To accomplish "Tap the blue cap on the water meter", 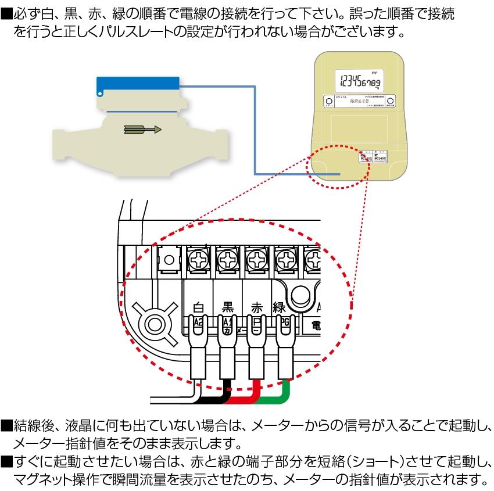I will click(138, 86).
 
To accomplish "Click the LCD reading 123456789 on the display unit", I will click(360, 81).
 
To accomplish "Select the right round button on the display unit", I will click(391, 101).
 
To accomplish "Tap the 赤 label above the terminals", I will click(256, 307).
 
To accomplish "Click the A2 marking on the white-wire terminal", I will click(198, 321).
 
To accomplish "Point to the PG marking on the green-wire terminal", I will click(284, 321).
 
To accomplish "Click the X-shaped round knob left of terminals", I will click(154, 322).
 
